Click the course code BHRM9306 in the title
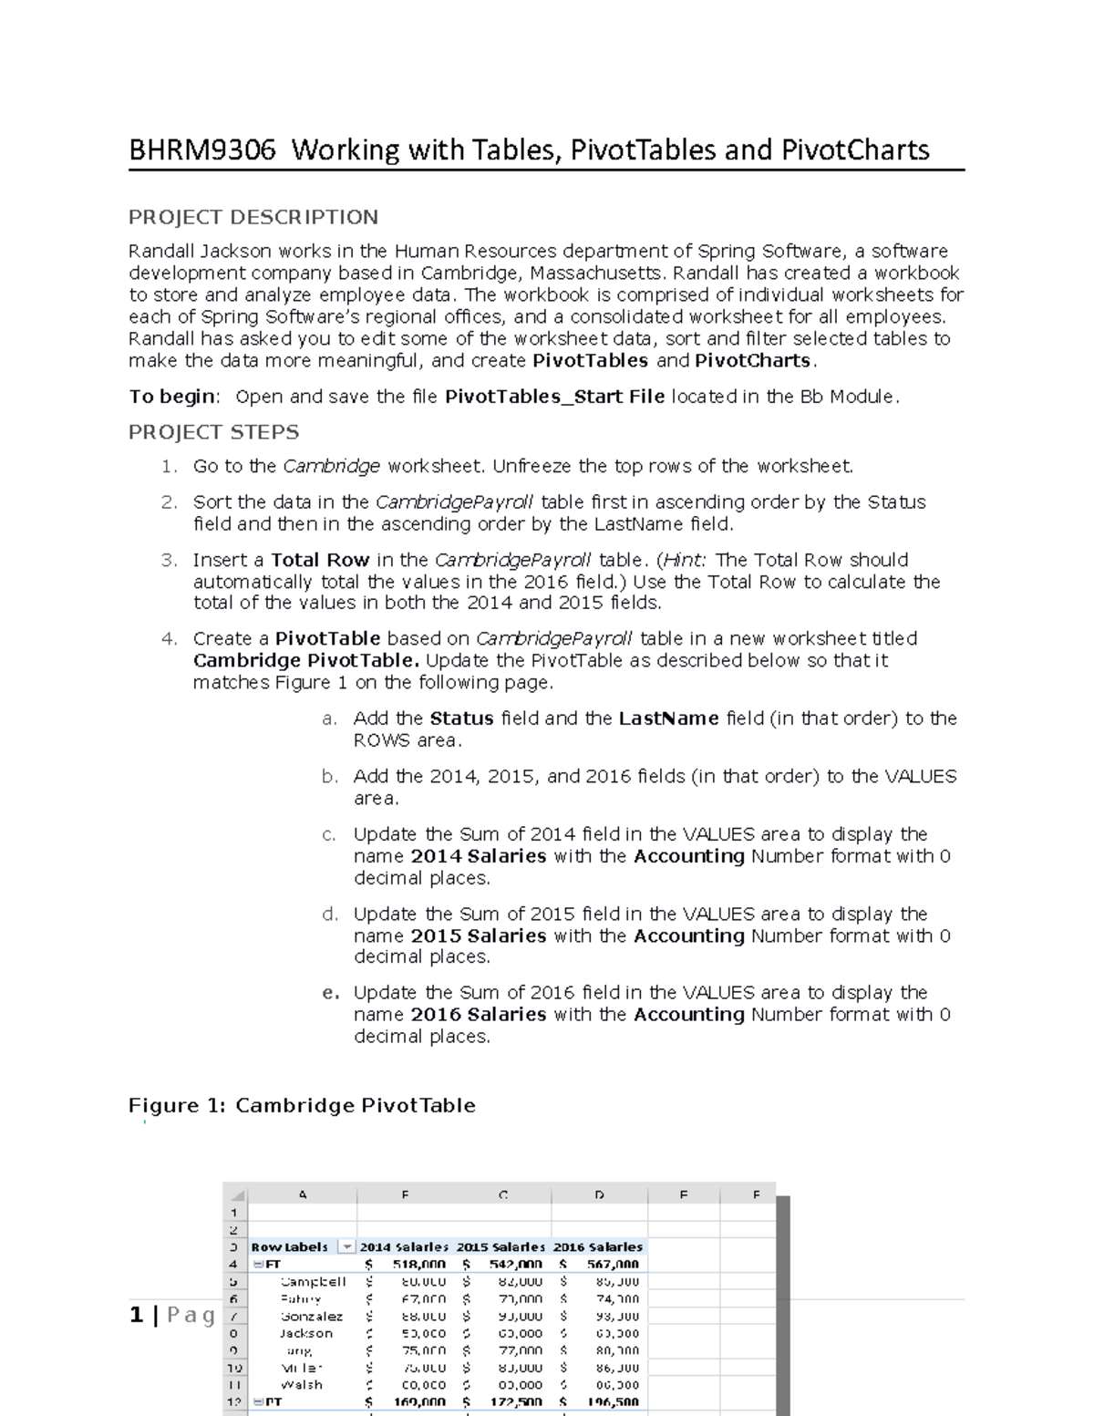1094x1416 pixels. click(201, 150)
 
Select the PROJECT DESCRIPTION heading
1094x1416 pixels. click(253, 217)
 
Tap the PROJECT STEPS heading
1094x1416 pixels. click(213, 432)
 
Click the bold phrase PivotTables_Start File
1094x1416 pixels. click(553, 397)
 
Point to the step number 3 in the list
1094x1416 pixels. click(167, 560)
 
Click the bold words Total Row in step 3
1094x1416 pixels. click(320, 560)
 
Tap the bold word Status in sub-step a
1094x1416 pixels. click(461, 718)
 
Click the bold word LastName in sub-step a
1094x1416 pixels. click(668, 718)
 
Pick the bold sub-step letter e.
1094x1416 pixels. click(330, 993)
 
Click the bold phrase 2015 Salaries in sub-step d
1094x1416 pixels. click(478, 935)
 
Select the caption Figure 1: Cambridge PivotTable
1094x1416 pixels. click(302, 1106)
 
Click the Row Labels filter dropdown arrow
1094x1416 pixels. click(346, 1246)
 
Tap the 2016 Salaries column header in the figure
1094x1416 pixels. click(598, 1246)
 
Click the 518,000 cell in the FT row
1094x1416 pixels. click(418, 1264)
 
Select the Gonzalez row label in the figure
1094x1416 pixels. click(312, 1316)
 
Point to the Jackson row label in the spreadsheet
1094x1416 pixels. click(305, 1333)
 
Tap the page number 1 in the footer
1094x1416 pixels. click(137, 1315)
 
